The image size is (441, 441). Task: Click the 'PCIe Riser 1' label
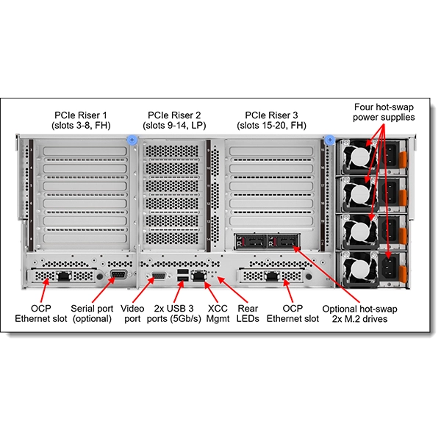pos(80,120)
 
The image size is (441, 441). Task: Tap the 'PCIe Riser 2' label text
pos(174,120)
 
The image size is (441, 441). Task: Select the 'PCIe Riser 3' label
pos(272,120)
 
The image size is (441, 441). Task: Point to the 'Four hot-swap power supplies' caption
pos(383,112)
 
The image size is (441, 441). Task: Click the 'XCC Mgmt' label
pos(218,313)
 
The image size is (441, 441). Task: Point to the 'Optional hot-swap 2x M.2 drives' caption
pos(355,313)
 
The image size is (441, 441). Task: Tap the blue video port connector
pos(157,276)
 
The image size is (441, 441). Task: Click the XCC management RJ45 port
pos(199,276)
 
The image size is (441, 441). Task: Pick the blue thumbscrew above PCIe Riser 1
pos(132,139)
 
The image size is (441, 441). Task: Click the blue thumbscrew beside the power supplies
pos(330,139)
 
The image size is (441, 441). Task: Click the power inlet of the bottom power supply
pos(389,267)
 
